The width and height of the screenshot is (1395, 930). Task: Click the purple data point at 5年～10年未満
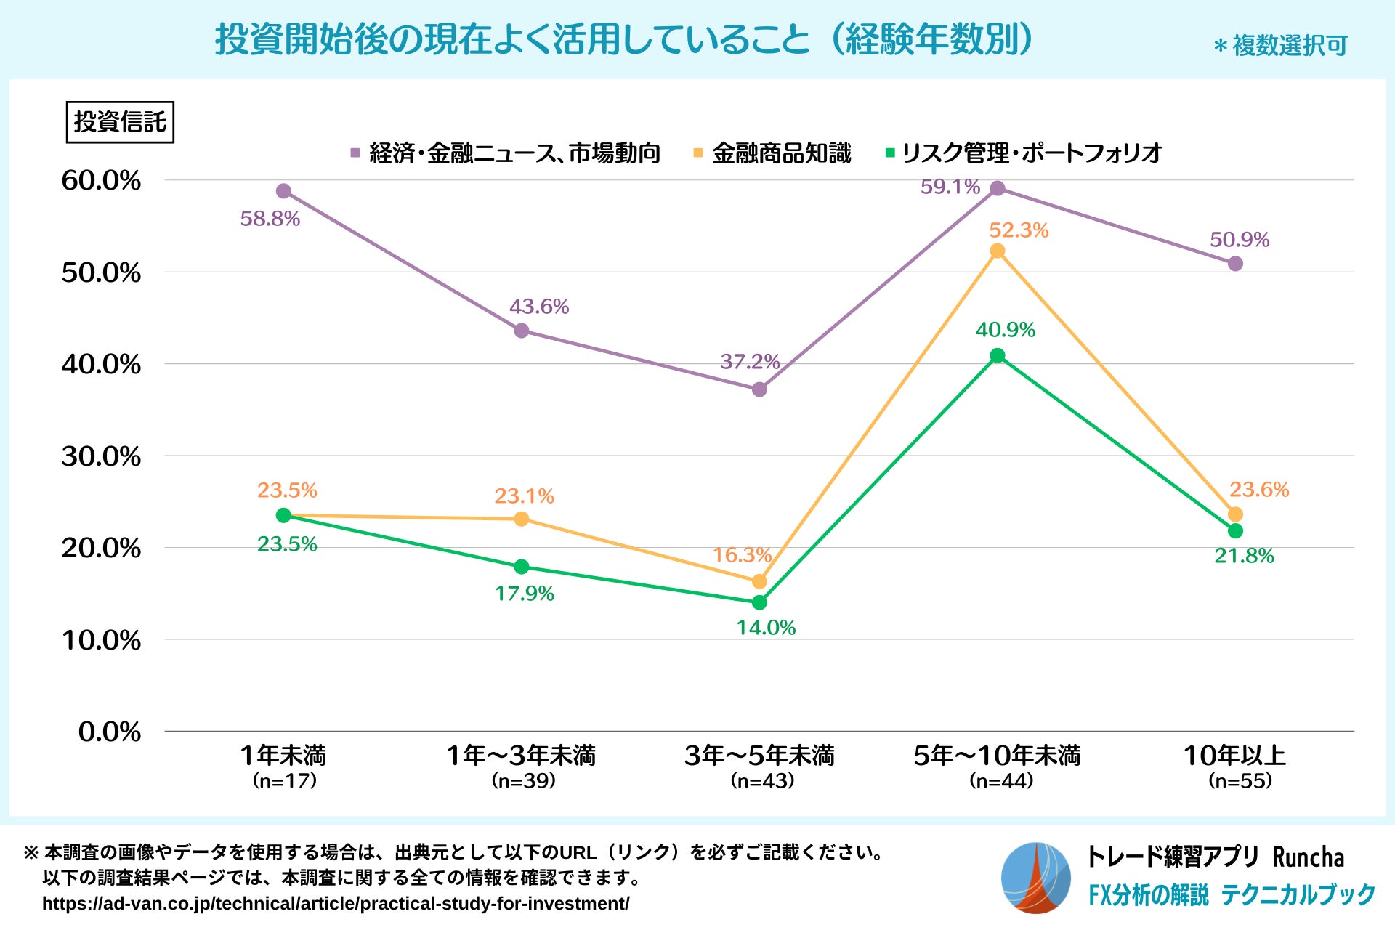coord(998,189)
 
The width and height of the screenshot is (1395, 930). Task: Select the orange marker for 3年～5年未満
coord(759,581)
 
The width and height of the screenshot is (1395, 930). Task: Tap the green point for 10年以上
coord(1235,531)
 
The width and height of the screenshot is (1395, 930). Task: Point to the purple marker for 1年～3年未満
coord(522,331)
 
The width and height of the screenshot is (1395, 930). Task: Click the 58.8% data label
coord(270,219)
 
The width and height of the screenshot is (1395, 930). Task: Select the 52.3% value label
coord(1019,230)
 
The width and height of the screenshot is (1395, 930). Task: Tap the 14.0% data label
coord(766,628)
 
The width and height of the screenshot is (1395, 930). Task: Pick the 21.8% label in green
coord(1244,557)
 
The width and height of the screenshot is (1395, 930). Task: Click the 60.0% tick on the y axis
coord(101,181)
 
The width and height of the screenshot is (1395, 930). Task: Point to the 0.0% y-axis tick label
coord(110,732)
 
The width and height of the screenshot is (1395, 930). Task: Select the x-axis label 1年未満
coord(283,756)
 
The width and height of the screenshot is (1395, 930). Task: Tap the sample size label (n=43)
coord(762,781)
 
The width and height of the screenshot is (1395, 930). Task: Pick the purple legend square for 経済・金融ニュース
coord(355,153)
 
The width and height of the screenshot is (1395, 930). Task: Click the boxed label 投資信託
coord(120,122)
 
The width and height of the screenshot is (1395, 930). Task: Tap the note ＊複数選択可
coord(1280,46)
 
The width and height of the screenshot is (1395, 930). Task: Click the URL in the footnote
coord(336,904)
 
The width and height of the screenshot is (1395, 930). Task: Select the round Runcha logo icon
coord(1035,878)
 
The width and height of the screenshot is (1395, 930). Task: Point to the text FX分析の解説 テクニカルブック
coord(1232,894)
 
